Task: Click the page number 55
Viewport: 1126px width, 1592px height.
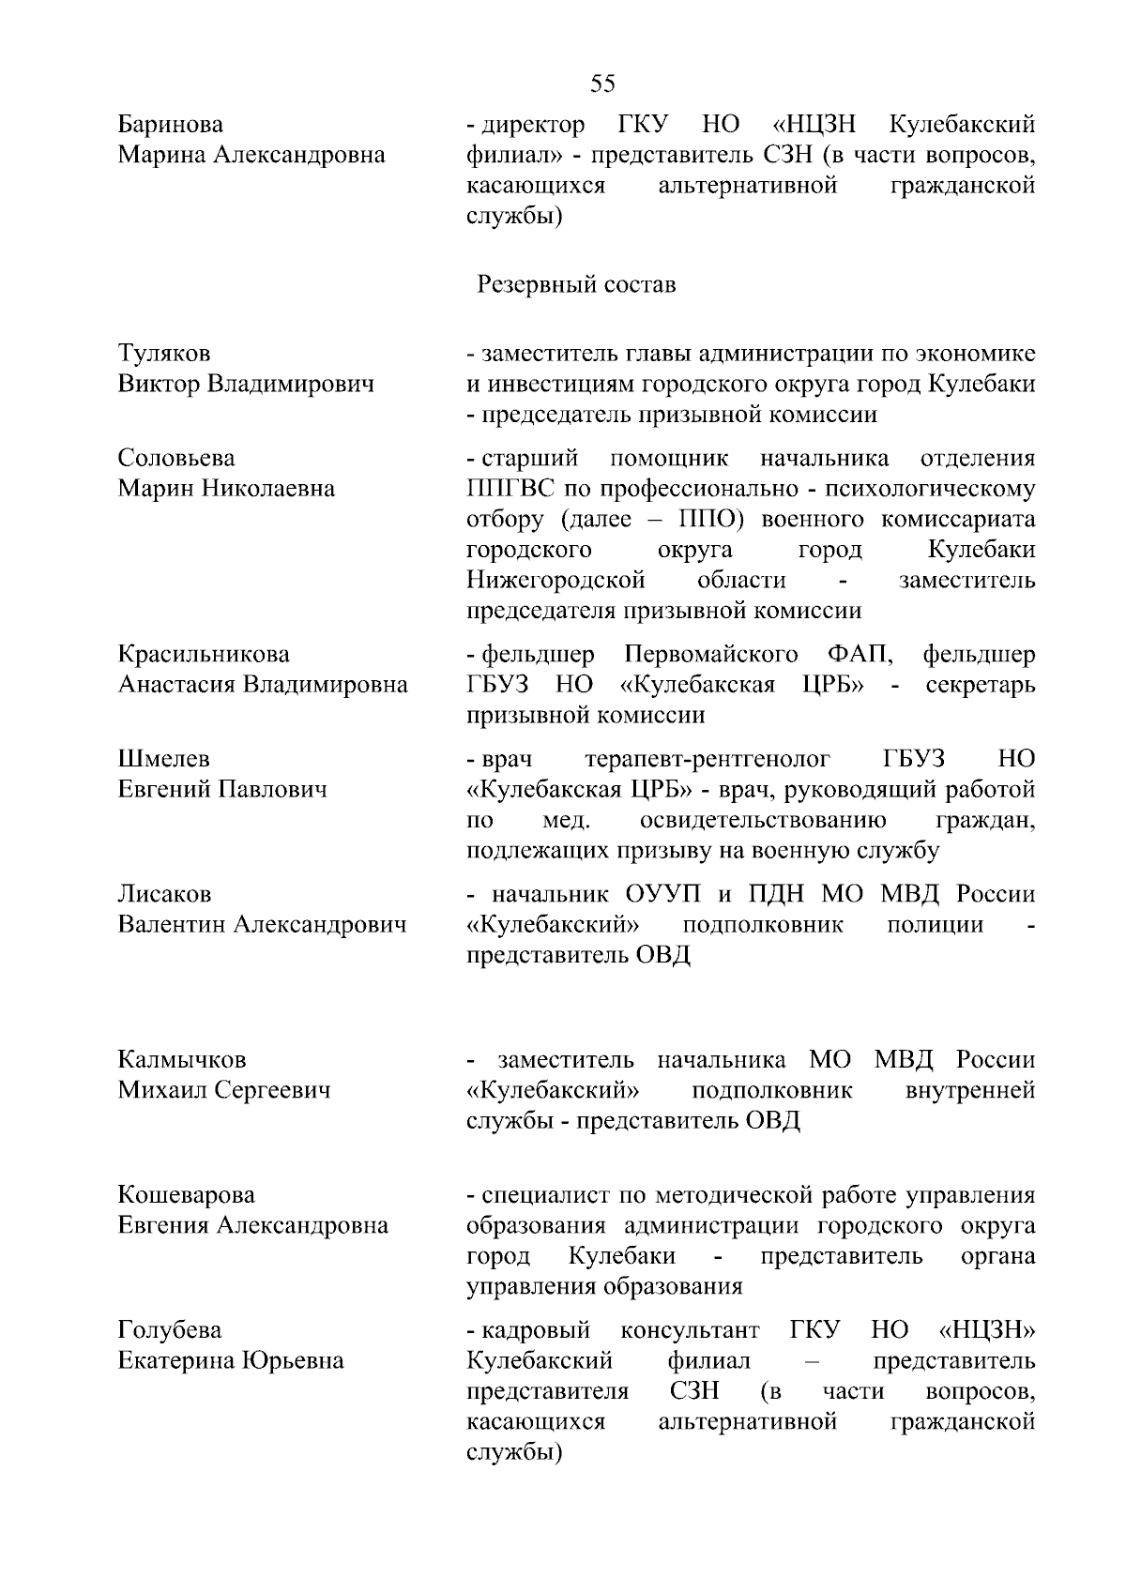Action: coord(603,84)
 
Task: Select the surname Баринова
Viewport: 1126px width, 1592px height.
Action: coord(171,125)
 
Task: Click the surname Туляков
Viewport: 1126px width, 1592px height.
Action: coord(164,354)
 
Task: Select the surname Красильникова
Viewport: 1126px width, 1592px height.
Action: coord(204,654)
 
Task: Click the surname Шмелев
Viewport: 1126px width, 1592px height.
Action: coord(164,759)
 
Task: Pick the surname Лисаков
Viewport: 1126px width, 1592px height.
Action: coord(165,894)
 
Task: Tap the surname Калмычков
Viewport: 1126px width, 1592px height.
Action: coord(182,1060)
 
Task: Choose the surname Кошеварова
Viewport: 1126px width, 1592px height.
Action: coord(187,1195)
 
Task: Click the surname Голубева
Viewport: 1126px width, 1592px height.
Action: coord(170,1330)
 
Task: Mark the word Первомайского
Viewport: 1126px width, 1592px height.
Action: coord(711,654)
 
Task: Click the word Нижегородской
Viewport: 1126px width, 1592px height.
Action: coord(556,580)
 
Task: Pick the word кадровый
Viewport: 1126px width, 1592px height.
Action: coord(535,1330)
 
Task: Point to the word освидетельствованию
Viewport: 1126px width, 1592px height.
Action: coord(763,821)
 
